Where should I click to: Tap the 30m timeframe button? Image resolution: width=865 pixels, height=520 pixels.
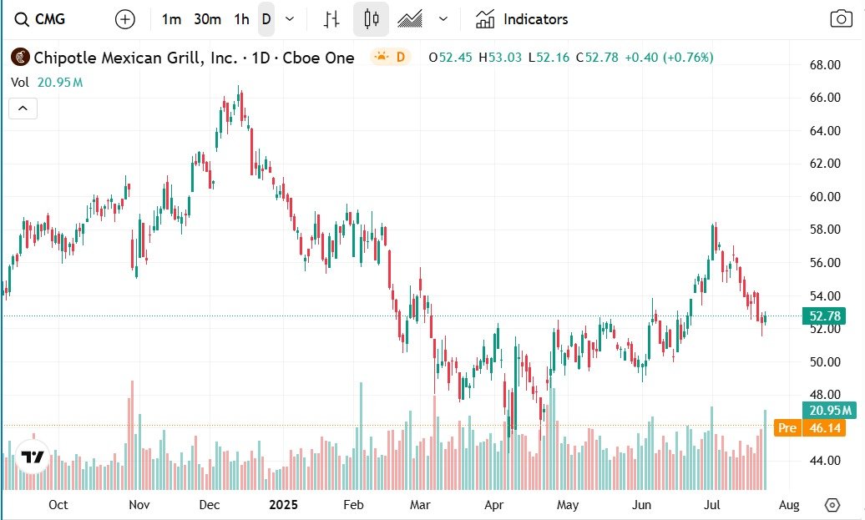point(207,19)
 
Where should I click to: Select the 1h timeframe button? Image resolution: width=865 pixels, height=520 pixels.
point(241,19)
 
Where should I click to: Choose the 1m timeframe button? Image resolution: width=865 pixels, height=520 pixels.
point(171,19)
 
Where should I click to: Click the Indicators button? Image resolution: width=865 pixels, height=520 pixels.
point(522,19)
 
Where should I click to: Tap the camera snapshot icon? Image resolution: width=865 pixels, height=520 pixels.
point(841,19)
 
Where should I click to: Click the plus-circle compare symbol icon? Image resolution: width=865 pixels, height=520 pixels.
point(125,19)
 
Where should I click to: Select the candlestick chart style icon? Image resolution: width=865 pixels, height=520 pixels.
point(371,19)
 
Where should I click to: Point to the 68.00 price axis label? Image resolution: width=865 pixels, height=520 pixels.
point(825,65)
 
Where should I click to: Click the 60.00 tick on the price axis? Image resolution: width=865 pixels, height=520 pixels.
point(825,197)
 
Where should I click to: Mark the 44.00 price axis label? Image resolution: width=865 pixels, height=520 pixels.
point(825,461)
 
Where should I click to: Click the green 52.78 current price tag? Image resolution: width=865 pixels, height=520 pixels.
point(825,316)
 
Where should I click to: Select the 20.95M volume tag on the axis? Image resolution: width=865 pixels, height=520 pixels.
point(828,410)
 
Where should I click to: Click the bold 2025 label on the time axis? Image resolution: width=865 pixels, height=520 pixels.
point(282,505)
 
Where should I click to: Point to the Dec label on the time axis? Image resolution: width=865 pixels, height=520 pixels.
point(210,505)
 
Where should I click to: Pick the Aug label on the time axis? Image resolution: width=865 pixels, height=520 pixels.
point(789,505)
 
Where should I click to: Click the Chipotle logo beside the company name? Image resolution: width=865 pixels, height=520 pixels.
point(20,58)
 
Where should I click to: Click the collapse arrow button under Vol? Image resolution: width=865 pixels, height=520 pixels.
point(23,109)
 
